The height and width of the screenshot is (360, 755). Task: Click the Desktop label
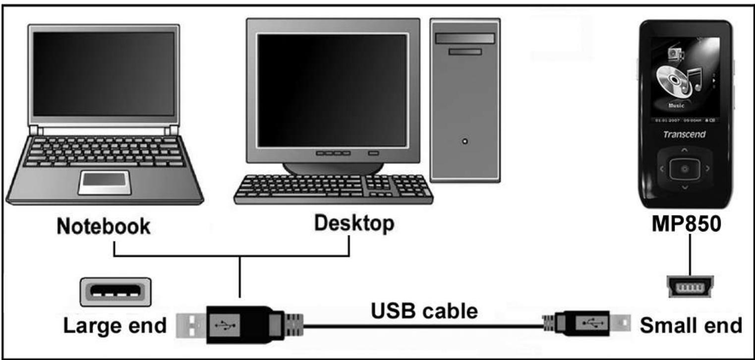(x=354, y=224)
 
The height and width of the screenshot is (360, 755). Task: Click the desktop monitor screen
(x=332, y=90)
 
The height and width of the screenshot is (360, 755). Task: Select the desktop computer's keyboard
(x=333, y=189)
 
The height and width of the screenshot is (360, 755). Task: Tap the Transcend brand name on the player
(x=684, y=134)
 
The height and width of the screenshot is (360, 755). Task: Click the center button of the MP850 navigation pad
(x=684, y=169)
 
